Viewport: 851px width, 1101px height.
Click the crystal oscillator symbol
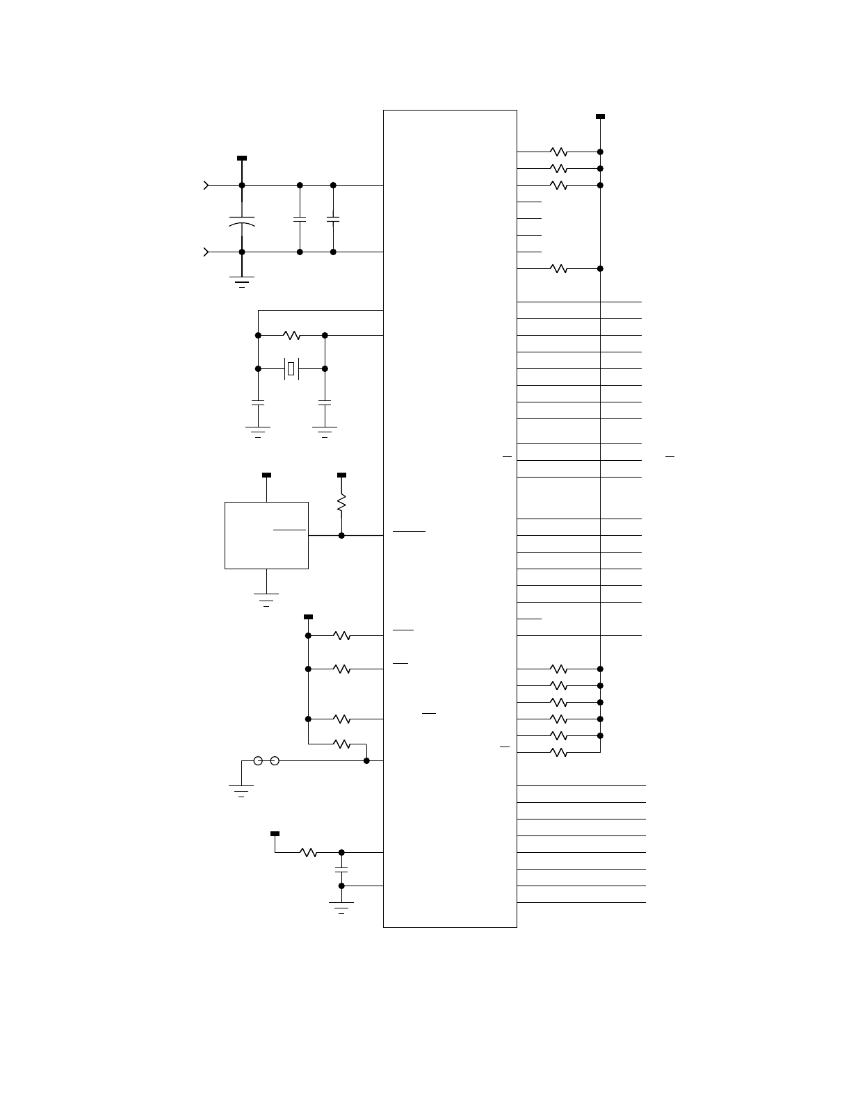(291, 368)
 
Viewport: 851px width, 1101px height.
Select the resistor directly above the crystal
(291, 336)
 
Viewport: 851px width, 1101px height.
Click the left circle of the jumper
(258, 761)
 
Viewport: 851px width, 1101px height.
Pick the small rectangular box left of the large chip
(266, 535)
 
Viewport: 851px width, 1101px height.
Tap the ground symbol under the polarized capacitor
(242, 282)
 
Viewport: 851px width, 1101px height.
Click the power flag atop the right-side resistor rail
(600, 117)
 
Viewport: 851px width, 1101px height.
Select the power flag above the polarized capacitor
(242, 158)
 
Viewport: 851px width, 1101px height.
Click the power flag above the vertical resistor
(341, 475)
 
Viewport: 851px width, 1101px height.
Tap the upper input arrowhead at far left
(206, 186)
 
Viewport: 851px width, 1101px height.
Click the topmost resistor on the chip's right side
(558, 152)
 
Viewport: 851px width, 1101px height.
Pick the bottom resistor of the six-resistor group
(558, 752)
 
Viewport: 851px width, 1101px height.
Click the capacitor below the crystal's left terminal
(258, 402)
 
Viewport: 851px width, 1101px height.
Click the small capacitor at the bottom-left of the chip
(341, 869)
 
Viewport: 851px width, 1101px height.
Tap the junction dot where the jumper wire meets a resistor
(366, 761)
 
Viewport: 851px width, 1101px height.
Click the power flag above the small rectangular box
(266, 475)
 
